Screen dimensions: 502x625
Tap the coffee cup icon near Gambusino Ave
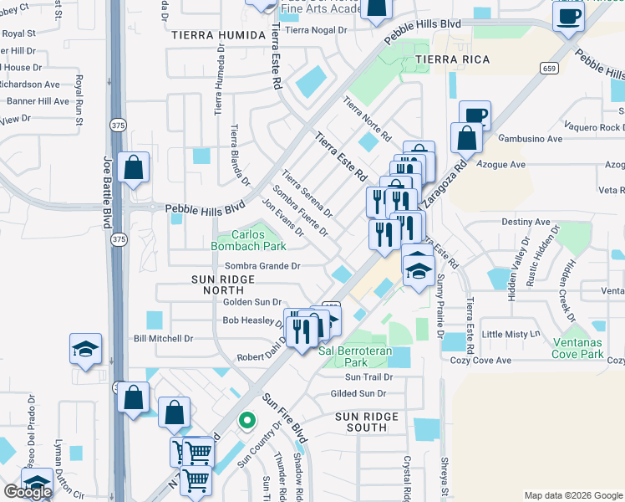click(475, 115)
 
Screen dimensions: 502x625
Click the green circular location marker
click(246, 420)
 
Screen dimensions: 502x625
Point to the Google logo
click(28, 492)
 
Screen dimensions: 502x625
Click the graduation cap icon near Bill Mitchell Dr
click(85, 349)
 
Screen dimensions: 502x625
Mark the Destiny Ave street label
click(526, 223)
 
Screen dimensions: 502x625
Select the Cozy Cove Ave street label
click(480, 361)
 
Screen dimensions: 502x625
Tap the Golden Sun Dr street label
click(252, 301)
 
